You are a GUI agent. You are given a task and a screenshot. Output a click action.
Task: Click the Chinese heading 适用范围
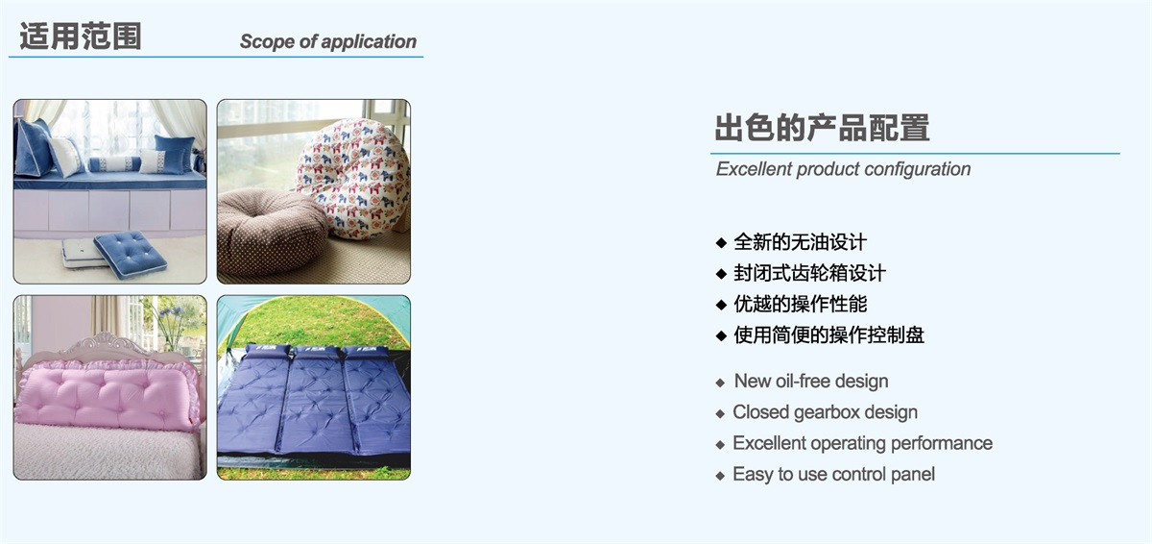[x=81, y=36]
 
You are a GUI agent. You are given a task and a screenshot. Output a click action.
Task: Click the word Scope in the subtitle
[x=268, y=41]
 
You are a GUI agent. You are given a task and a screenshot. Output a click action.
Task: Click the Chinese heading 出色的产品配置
[x=823, y=128]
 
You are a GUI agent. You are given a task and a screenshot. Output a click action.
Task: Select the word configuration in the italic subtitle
[x=918, y=169]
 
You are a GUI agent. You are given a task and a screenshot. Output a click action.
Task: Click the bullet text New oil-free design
[x=811, y=381]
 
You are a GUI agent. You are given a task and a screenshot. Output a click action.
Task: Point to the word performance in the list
[x=942, y=444]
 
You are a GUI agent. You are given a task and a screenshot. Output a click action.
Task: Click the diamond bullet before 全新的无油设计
[x=721, y=243]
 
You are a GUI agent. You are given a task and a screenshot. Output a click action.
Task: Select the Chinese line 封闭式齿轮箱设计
[x=809, y=273]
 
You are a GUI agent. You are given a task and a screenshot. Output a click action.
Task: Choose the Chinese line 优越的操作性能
[x=801, y=304]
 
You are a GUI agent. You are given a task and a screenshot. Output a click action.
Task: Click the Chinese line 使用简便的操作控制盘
[x=829, y=335]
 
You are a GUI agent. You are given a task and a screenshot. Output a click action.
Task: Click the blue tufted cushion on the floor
[x=131, y=254]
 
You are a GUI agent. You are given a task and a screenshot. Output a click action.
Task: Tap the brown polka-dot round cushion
[x=272, y=231]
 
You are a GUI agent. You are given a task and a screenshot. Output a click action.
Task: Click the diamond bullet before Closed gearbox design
[x=720, y=414]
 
